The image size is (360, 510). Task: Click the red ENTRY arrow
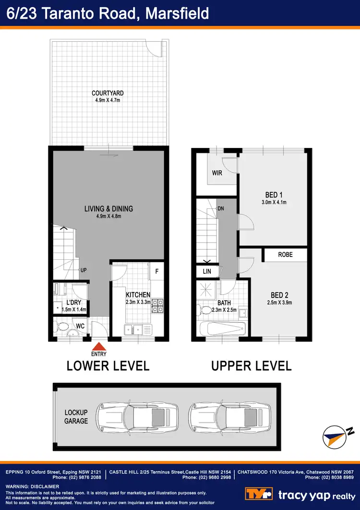coord(99,346)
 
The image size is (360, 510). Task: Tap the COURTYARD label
coord(108,93)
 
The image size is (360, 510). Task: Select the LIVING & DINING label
coord(108,209)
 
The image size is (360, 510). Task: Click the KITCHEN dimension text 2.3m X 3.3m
coord(138,302)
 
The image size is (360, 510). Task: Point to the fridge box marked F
coord(156,271)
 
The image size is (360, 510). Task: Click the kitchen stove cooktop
coord(158,306)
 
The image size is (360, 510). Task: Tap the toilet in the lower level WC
coord(62,328)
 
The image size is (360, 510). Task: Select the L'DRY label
coord(74,302)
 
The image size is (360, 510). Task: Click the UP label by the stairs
coord(83,270)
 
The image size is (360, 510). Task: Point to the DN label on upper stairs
coord(221,208)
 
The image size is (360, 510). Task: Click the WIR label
coord(217,173)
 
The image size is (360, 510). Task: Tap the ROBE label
coord(285,255)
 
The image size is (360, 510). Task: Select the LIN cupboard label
coord(207,272)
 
